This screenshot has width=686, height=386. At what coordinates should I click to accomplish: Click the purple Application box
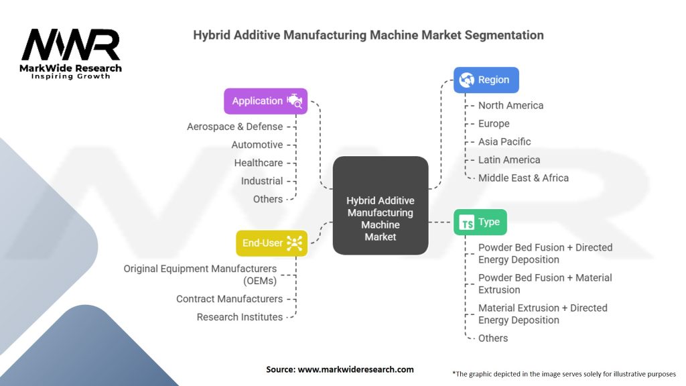tap(265, 101)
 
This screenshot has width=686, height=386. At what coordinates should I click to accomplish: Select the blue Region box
tap(486, 80)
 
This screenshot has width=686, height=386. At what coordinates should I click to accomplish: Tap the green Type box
tap(480, 222)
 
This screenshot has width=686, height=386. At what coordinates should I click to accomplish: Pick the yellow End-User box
tap(272, 243)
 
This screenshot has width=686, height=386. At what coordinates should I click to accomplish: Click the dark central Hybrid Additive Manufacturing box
tap(381, 205)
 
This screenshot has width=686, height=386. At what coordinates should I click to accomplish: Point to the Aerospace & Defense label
tap(235, 127)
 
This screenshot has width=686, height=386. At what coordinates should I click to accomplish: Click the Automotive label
tap(257, 145)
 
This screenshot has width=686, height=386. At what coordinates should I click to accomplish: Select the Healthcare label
tap(259, 163)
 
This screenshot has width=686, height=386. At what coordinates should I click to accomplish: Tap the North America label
tap(510, 105)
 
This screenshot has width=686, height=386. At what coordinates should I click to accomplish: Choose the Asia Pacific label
tap(504, 142)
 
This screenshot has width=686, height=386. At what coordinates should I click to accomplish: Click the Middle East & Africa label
tap(523, 178)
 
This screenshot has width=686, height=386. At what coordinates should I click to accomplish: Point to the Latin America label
tap(509, 159)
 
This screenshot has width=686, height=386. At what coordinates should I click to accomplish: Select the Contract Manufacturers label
tap(230, 299)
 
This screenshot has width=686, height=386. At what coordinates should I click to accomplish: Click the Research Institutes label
tap(240, 317)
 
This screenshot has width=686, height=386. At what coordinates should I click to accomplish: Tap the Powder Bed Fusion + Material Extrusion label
tap(545, 283)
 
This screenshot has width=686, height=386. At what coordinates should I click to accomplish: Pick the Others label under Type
tap(493, 338)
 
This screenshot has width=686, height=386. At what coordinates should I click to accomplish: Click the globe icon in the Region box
tap(466, 80)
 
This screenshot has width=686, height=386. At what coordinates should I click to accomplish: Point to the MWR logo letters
tap(70, 45)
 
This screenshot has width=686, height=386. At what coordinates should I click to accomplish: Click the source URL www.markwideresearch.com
tap(356, 369)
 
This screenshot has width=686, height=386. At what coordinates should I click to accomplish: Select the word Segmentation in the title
tap(504, 36)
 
